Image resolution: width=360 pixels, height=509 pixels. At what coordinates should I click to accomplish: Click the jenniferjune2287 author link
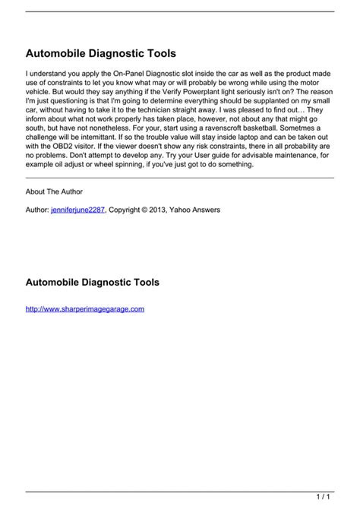point(77,210)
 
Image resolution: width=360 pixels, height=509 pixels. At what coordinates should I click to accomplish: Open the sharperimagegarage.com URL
point(84,309)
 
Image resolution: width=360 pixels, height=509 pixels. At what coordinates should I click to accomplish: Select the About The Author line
point(55,191)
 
